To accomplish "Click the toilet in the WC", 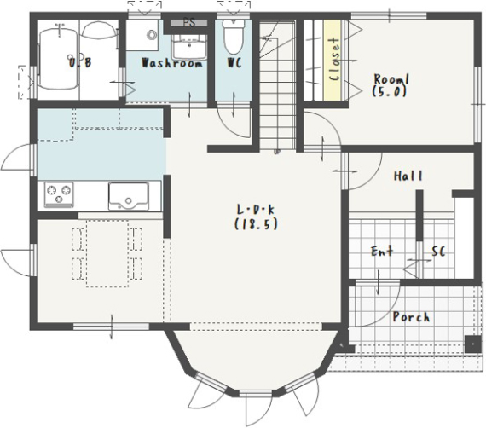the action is [x=233, y=38].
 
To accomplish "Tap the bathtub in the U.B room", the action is [x=58, y=59].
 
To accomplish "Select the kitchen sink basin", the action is [x=128, y=196].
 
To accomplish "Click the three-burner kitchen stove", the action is [x=59, y=194].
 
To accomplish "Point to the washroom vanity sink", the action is [x=189, y=47].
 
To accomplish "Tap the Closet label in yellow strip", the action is [x=334, y=59].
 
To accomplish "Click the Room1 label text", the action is [x=391, y=79].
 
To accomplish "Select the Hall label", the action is [x=408, y=176].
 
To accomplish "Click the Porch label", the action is [x=411, y=317].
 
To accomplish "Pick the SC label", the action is [x=438, y=252].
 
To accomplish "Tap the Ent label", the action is [x=382, y=251].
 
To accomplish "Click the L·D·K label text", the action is [x=256, y=210].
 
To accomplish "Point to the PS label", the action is [x=189, y=23].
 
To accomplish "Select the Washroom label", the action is [x=172, y=63].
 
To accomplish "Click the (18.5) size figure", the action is [x=256, y=224].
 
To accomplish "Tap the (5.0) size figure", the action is [x=390, y=91].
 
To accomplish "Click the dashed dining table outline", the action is [x=107, y=253].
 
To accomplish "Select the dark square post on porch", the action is [x=473, y=344].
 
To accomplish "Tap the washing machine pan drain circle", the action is [x=152, y=35].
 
